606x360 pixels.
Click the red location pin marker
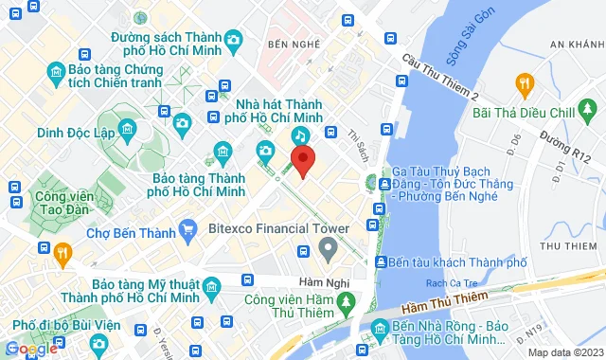302,162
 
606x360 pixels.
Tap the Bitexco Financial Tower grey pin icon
329,251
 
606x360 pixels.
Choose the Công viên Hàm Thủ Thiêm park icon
348,303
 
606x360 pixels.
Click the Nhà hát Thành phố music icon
299,135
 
